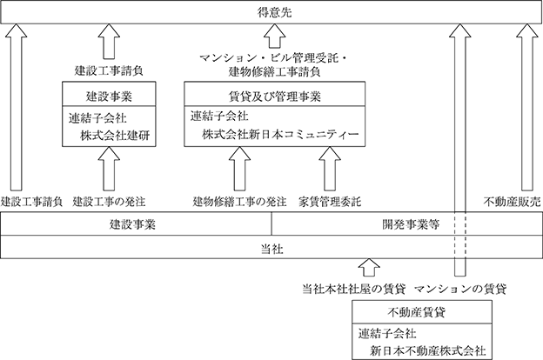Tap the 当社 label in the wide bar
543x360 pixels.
(x=271, y=249)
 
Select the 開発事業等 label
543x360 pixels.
(x=411, y=224)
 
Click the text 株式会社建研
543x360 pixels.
(x=115, y=136)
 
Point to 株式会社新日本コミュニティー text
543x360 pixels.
(x=280, y=134)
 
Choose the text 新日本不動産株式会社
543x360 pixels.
(x=427, y=351)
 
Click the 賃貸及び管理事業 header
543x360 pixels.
(x=275, y=97)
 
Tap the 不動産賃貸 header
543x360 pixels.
(x=416, y=312)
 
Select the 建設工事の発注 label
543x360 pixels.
(x=109, y=202)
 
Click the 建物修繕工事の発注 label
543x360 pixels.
(x=239, y=202)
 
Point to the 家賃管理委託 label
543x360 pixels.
(x=330, y=202)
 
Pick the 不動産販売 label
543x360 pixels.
(x=513, y=202)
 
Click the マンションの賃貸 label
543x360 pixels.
(x=460, y=289)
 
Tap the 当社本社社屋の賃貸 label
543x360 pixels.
(x=353, y=289)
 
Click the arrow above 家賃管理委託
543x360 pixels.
(x=330, y=169)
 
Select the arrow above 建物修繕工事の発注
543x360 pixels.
(x=239, y=169)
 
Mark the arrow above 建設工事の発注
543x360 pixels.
(x=109, y=169)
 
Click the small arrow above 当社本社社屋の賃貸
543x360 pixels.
(x=369, y=267)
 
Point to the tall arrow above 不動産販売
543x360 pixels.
(x=527, y=107)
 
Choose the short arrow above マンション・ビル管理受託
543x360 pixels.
(x=275, y=36)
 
